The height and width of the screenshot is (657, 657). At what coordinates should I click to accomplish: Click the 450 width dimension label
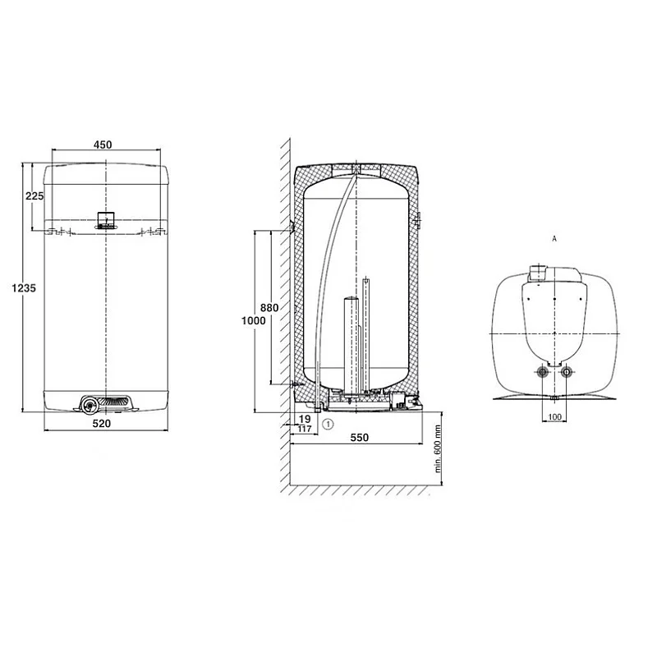coord(102,145)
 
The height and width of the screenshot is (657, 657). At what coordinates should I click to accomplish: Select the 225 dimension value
coord(34,196)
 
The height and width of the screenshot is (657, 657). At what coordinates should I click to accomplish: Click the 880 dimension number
coord(269,308)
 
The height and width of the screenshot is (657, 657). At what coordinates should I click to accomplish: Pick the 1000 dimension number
coord(255,321)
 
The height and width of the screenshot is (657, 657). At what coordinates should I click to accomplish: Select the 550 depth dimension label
coord(360,439)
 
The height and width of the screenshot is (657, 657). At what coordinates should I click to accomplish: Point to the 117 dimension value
coord(305,429)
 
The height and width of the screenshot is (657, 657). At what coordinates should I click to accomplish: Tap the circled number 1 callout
coord(328,424)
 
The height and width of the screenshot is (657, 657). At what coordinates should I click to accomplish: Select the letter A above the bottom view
coord(555,238)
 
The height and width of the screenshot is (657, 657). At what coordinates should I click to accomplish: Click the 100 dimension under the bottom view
coord(555,418)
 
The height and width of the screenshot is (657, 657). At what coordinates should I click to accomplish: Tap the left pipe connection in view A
coord(544,374)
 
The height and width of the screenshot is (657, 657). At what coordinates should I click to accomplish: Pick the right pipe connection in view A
coord(565,374)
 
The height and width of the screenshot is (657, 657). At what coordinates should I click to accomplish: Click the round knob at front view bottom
coord(88,404)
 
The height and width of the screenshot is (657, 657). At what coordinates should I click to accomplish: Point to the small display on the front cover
coord(107,219)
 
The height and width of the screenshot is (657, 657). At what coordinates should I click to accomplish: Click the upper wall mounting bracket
coord(292,226)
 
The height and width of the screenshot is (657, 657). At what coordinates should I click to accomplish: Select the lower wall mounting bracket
coord(293,384)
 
